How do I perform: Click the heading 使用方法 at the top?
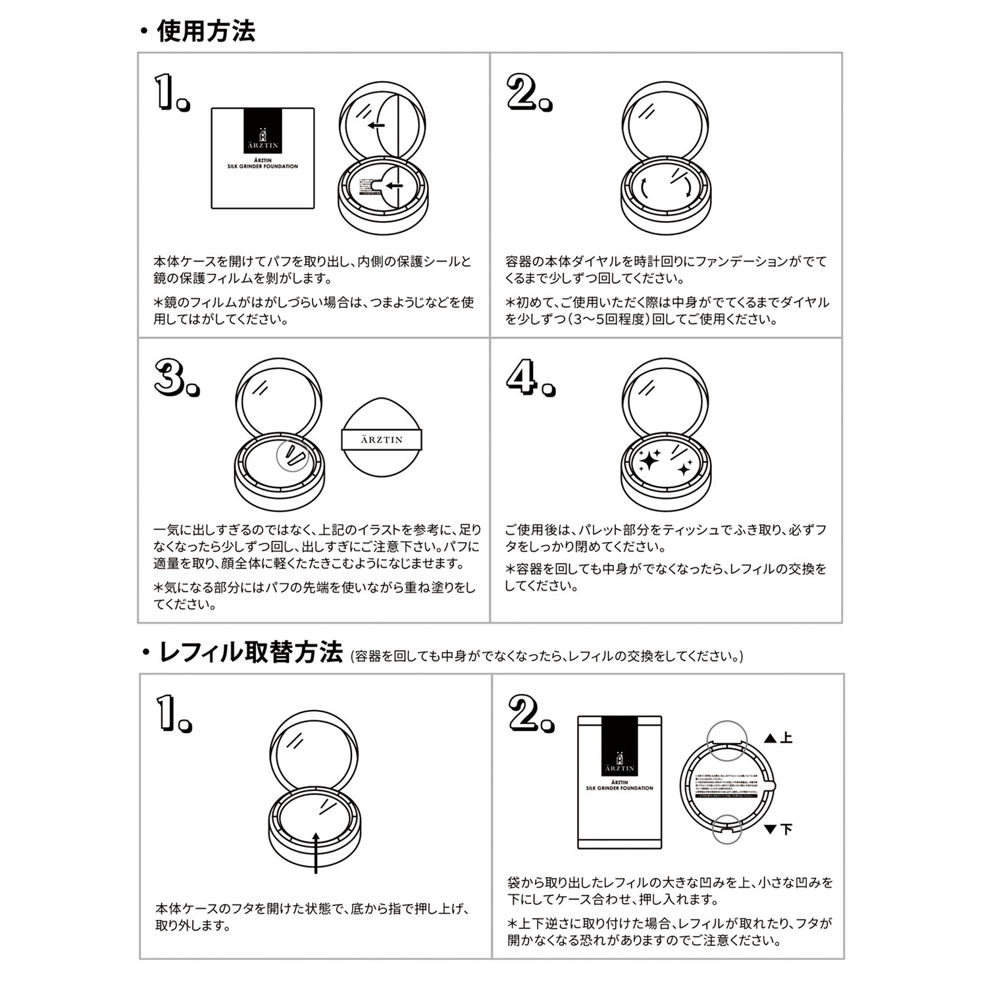[x=205, y=31]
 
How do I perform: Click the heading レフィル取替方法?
[x=251, y=653]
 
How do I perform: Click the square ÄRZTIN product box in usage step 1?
[x=263, y=159]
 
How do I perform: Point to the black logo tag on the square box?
[x=263, y=132]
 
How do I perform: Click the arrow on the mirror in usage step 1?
[x=376, y=126]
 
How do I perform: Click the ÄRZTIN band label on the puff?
[x=382, y=440]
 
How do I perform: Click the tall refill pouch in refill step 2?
[x=619, y=783]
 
